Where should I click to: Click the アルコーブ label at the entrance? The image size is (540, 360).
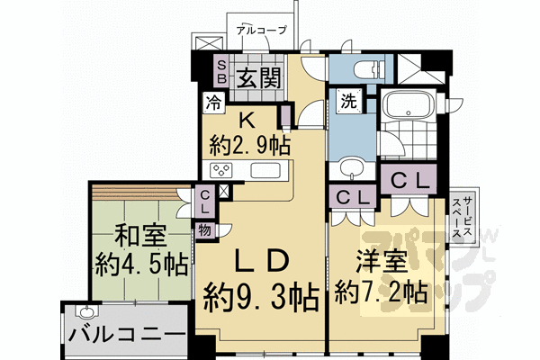tap(261, 30)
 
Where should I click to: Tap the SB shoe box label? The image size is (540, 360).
tap(221, 70)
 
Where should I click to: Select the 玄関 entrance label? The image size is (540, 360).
tap(267, 75)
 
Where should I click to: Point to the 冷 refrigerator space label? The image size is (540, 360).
tap(215, 102)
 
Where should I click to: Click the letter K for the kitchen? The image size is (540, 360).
tap(245, 117)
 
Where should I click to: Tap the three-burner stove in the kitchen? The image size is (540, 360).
tap(222, 171)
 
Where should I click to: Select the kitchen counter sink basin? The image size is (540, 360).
tap(266, 171)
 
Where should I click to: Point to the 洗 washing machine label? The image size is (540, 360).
tap(347, 101)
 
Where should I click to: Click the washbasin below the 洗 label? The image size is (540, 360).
tap(354, 167)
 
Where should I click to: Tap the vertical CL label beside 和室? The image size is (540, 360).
tap(206, 200)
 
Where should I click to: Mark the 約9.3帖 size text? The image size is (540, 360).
tap(261, 292)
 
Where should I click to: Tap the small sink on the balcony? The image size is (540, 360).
tap(87, 312)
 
